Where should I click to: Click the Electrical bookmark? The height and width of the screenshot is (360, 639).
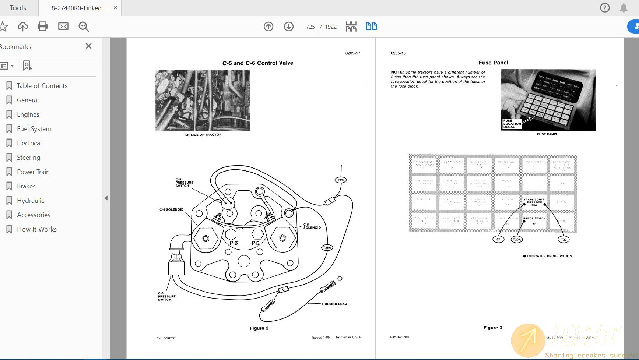click(x=29, y=143)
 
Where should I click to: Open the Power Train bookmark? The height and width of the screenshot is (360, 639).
click(x=33, y=172)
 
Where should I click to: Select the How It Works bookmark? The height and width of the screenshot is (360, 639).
click(x=36, y=229)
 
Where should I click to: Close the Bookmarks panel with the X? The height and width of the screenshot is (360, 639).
click(x=88, y=46)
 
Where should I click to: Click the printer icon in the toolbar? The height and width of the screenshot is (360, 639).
click(x=43, y=27)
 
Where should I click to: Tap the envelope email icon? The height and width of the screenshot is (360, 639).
click(x=63, y=27)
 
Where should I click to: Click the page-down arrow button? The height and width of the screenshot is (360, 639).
click(x=289, y=27)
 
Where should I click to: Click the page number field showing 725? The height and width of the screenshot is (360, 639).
click(x=310, y=27)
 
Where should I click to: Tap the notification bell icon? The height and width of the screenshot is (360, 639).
click(x=624, y=8)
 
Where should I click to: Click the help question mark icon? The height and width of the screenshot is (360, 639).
click(x=605, y=8)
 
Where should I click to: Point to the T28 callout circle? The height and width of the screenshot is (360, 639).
click(x=341, y=180)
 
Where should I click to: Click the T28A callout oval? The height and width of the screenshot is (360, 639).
click(x=327, y=248)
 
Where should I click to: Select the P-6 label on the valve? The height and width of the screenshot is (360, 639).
click(x=234, y=243)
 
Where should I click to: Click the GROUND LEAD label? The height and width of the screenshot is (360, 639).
click(x=334, y=304)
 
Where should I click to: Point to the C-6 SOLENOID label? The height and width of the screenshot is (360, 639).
click(x=171, y=209)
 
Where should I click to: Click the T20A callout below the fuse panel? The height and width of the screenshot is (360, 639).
click(x=517, y=239)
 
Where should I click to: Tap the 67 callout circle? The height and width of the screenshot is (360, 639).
click(x=498, y=239)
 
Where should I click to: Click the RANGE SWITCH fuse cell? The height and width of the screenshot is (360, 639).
click(x=534, y=220)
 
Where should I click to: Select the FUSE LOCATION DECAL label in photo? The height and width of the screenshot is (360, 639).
click(x=512, y=124)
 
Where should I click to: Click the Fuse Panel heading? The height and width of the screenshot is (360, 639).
click(x=493, y=63)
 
